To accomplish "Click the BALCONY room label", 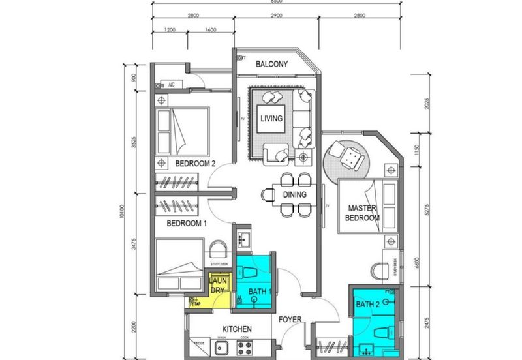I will click(273, 64).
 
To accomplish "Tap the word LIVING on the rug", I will click(271, 119).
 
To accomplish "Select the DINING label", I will click(295, 194).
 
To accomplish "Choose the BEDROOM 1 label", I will click(187, 223).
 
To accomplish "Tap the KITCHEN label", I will click(238, 329).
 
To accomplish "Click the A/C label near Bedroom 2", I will click(172, 84).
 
